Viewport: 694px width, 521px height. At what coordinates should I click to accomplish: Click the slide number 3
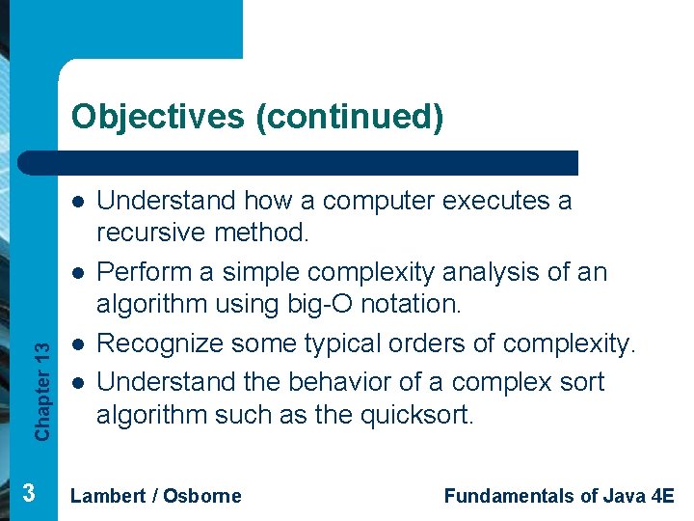pyautogui.click(x=29, y=494)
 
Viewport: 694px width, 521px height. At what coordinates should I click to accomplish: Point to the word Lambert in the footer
pyautogui.click(x=106, y=496)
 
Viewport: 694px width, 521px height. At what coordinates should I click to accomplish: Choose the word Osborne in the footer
pyautogui.click(x=202, y=496)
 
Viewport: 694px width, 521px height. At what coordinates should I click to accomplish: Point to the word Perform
pyautogui.click(x=142, y=273)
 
